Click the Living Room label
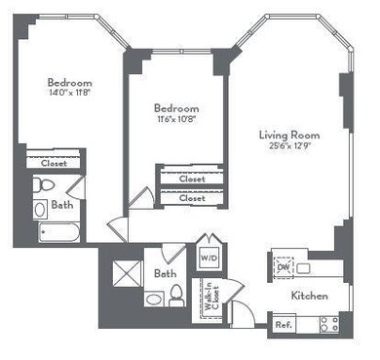(x=289, y=134)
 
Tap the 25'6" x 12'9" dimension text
(x=289, y=146)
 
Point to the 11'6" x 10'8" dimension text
(x=176, y=120)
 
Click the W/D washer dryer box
(x=209, y=258)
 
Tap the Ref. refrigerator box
(x=285, y=324)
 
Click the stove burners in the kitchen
(x=326, y=324)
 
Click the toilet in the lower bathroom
(x=176, y=298)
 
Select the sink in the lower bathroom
(x=153, y=298)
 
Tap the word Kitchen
(x=308, y=296)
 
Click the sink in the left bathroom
(x=40, y=208)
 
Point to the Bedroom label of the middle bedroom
(x=176, y=108)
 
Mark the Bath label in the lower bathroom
(x=164, y=275)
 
